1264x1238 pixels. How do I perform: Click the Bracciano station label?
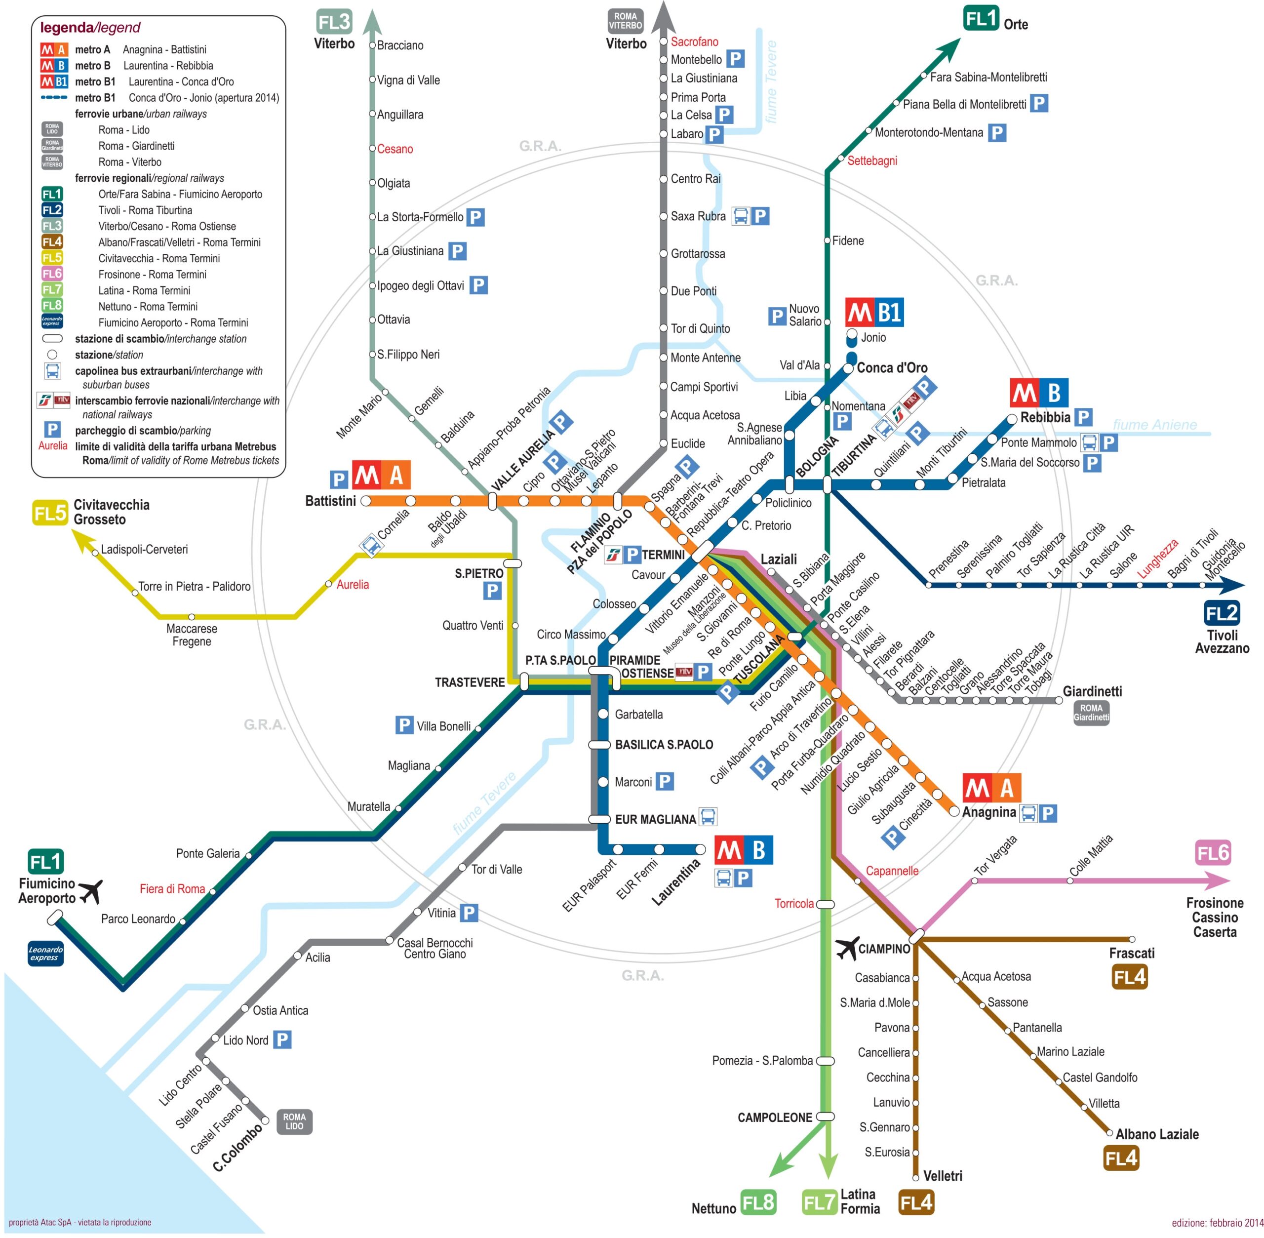[400, 45]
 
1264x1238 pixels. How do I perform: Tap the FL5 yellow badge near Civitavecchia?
[50, 514]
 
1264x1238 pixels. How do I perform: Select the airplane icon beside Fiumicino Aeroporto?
[90, 891]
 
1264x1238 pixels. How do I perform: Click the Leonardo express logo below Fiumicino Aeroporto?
[45, 953]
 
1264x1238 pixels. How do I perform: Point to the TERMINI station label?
[663, 555]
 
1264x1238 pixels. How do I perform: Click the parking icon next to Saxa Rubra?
[760, 216]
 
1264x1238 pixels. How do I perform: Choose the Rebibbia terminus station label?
[1044, 417]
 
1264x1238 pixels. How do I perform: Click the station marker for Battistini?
[366, 501]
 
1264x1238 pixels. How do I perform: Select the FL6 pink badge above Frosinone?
[1212, 853]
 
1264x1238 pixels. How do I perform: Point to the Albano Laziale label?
[1157, 1134]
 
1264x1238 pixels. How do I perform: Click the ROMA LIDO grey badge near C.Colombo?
[294, 1121]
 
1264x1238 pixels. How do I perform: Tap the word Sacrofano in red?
[694, 41]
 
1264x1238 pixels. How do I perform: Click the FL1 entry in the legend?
[52, 194]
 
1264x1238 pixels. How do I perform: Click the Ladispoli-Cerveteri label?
[144, 550]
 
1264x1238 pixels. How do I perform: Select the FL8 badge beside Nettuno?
[758, 1202]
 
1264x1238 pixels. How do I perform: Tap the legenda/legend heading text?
[90, 27]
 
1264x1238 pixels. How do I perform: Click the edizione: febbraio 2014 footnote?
[1217, 1223]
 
